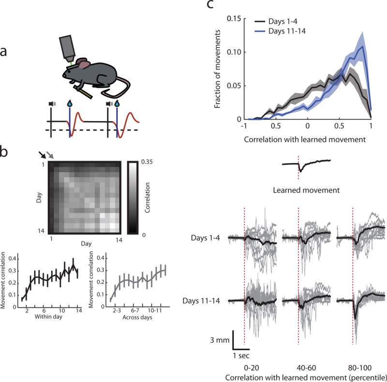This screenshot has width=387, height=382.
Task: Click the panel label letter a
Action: (6, 52)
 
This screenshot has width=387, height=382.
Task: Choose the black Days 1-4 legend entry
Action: (281, 22)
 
